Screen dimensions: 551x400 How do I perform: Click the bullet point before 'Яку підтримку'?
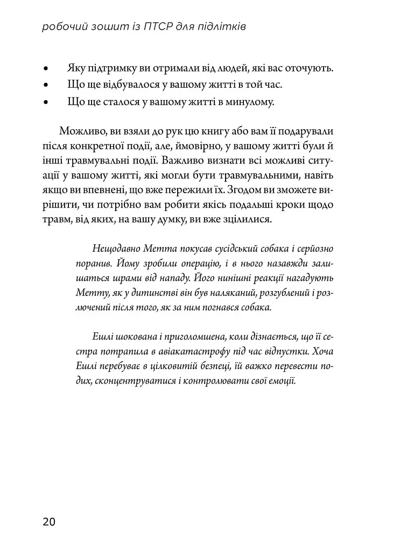[x=46, y=69]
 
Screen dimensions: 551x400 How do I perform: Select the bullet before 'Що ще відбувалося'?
[x=46, y=85]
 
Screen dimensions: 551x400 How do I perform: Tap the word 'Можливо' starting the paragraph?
[x=81, y=132]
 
